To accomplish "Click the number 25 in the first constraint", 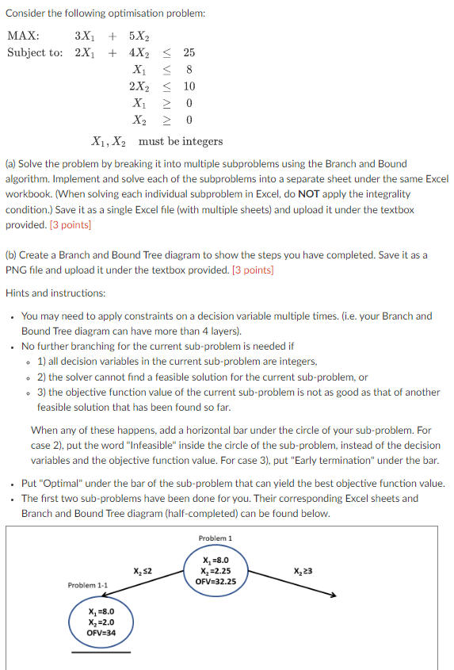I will pyautogui.click(x=189, y=52).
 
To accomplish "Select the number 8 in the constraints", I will pyautogui.click(x=189, y=69).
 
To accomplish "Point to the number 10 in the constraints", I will pyautogui.click(x=189, y=86).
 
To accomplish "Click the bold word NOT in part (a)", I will pyautogui.click(x=309, y=193).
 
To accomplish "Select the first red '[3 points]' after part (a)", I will pyautogui.click(x=71, y=224).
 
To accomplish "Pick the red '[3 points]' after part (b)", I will pyautogui.click(x=253, y=270).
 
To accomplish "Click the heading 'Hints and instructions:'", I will pyautogui.click(x=55, y=293).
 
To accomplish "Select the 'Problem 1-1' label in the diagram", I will pyautogui.click(x=87, y=585).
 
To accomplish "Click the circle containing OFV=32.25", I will pyautogui.click(x=215, y=570).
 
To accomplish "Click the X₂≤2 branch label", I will pyautogui.click(x=143, y=571).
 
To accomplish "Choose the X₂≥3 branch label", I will pyautogui.click(x=303, y=571).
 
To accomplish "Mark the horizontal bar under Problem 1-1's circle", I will pyautogui.click(x=101, y=652).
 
